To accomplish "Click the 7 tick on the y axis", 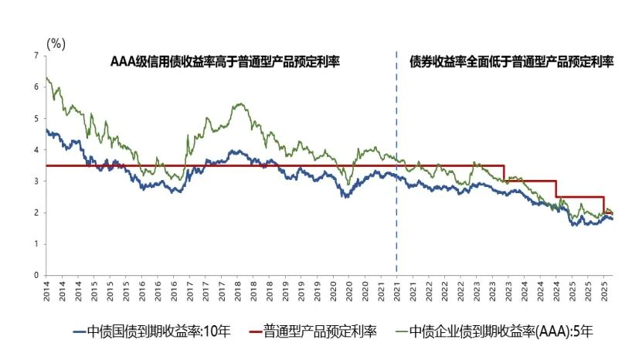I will pos(36,56).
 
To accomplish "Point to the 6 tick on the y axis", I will pos(36,87).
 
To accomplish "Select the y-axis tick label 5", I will pos(36,118).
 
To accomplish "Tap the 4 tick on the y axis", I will pos(36,150).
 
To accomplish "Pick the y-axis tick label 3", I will pos(36,181).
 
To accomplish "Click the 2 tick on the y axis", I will pos(36,212).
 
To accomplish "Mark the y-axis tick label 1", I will pos(36,243).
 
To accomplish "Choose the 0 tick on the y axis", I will pos(36,275).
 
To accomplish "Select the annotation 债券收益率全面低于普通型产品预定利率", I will pos(511,62).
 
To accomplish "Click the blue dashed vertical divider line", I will pos(396,170).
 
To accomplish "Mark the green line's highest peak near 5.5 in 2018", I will pos(239,104).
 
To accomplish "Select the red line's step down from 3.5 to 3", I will pos(504,173).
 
